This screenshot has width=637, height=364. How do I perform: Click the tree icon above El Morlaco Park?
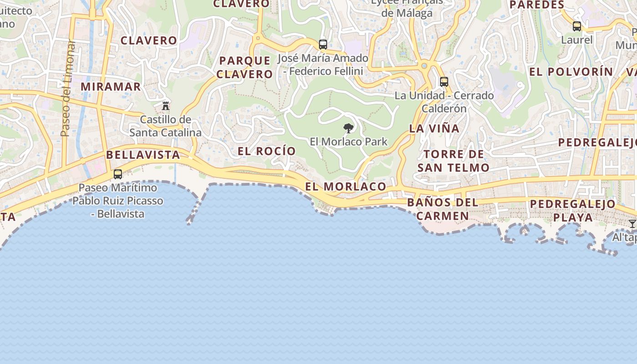(349, 128)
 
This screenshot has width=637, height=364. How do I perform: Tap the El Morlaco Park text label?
(349, 142)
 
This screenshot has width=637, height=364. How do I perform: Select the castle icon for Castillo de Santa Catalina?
(166, 106)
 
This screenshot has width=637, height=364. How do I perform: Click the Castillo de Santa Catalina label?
(166, 126)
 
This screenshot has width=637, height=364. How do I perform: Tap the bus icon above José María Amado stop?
(323, 45)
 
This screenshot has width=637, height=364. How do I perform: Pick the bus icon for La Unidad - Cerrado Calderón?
(444, 82)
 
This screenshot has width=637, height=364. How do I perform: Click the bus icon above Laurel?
(577, 26)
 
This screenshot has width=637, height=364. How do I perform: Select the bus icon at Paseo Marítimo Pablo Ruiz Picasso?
(118, 174)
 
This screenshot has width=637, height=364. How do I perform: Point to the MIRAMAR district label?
(111, 86)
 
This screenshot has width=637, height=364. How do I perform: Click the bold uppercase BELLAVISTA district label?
(143, 155)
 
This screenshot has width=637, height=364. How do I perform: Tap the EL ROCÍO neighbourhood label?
(267, 151)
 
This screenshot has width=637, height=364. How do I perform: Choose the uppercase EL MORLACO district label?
(345, 187)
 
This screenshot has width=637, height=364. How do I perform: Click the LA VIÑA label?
(434, 129)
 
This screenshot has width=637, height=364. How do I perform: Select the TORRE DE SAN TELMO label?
(453, 161)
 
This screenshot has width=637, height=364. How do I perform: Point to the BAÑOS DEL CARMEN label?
(443, 209)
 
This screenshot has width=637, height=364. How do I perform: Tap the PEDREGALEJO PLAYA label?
(573, 210)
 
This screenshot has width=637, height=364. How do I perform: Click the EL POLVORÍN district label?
(571, 72)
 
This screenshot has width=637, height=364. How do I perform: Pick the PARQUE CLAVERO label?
(244, 67)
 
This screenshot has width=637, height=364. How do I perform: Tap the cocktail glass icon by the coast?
(632, 224)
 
